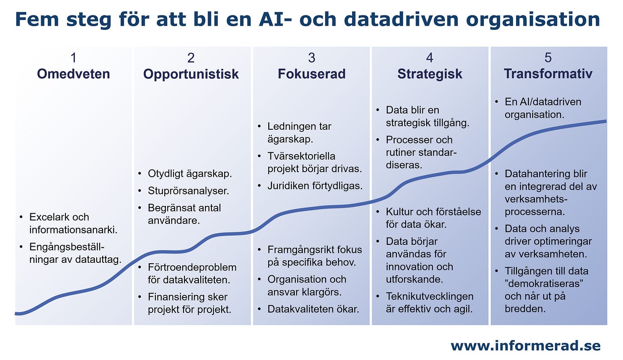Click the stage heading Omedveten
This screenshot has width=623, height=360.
(73, 74)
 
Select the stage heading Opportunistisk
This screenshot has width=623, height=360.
(191, 74)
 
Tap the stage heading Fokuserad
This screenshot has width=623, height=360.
(311, 74)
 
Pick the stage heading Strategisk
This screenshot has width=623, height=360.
(430, 74)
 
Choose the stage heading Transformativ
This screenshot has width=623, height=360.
(548, 74)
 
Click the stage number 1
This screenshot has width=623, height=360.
(74, 58)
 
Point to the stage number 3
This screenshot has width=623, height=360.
(311, 58)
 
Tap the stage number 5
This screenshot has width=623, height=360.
(548, 58)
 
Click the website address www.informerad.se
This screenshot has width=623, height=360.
(525, 346)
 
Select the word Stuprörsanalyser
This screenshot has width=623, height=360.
(188, 191)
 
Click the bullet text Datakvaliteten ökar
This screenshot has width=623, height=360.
(313, 309)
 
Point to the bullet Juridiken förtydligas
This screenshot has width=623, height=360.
(315, 186)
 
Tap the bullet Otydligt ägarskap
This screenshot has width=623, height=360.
(190, 174)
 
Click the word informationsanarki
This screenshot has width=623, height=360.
(73, 230)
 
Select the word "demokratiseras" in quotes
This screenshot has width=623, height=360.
(545, 284)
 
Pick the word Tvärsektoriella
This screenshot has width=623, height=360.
(301, 156)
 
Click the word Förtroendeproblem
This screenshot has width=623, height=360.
(192, 268)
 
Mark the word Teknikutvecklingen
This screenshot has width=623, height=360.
(430, 297)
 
